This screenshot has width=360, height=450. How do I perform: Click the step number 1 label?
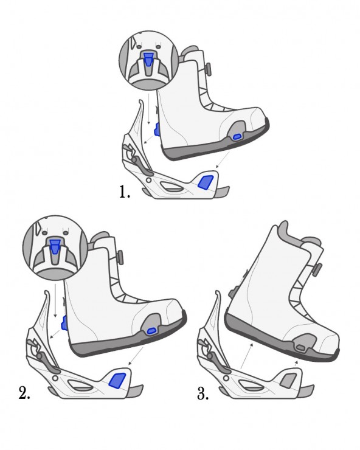click(125, 192)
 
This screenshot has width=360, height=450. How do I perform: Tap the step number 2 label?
click(24, 393)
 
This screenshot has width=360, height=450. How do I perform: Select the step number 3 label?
click(202, 393)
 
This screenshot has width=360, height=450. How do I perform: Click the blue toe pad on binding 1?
click(206, 182)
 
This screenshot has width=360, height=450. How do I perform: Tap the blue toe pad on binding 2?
click(118, 381)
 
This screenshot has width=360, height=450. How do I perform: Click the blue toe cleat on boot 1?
click(237, 137)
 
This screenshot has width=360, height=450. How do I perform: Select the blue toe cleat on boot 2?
click(152, 331)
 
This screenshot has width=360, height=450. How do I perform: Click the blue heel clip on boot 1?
click(157, 129)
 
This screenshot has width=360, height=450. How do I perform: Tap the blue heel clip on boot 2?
click(64, 323)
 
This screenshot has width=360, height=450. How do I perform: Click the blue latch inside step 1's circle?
click(148, 60)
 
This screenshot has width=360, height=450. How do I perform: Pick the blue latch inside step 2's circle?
click(54, 246)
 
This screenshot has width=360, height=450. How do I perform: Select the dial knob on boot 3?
click(317, 269)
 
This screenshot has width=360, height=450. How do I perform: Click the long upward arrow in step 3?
click(246, 356)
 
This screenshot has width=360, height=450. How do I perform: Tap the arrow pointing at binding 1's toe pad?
click(223, 159)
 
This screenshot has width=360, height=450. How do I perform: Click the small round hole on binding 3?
click(226, 378)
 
